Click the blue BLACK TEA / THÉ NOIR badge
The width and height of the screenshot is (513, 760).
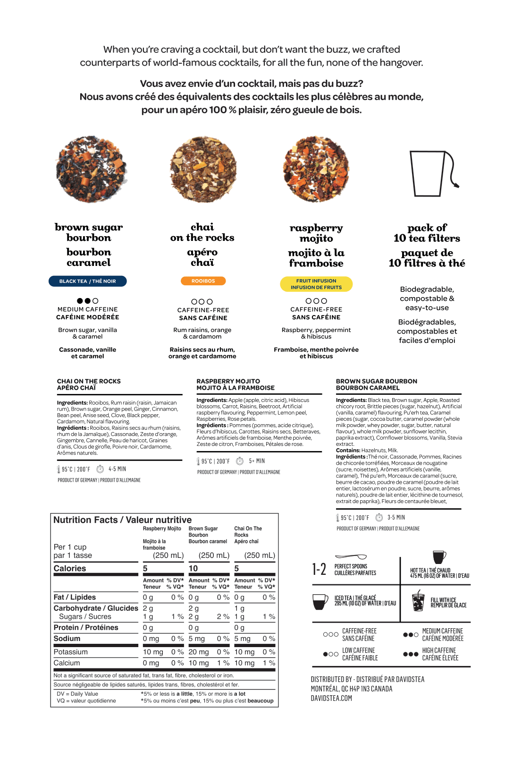[87, 281]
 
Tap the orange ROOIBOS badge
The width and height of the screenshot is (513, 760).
[203, 281]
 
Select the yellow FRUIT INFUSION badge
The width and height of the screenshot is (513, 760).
[316, 284]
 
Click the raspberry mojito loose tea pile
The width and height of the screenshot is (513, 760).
[316, 170]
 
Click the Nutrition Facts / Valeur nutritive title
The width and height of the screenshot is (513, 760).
[123, 520]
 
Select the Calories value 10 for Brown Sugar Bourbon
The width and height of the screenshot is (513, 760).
[193, 568]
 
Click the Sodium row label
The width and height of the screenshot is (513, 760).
[67, 639]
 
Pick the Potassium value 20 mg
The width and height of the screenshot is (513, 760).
[199, 652]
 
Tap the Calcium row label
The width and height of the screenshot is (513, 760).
[67, 663]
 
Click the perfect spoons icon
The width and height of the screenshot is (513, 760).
[350, 557]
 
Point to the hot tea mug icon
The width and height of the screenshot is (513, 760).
[439, 557]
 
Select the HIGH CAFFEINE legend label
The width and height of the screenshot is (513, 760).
[439, 650]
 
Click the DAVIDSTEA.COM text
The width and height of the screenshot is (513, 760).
[331, 698]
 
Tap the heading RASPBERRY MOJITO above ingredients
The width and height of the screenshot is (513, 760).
[228, 381]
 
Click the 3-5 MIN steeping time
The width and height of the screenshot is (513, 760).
[396, 518]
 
